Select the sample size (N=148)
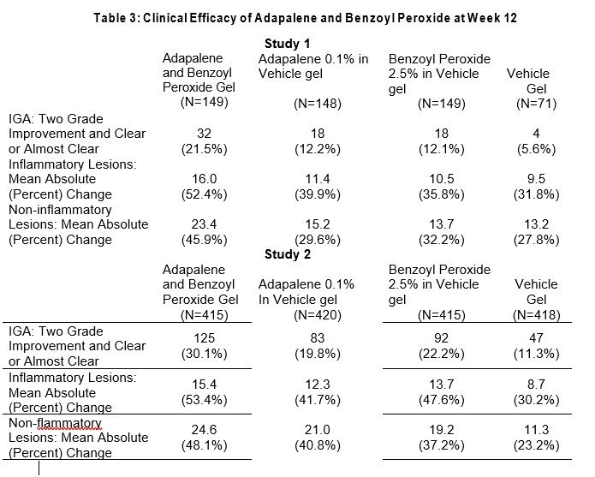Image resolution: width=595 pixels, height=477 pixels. coord(318,104)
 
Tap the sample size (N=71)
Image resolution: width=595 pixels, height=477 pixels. coord(537,104)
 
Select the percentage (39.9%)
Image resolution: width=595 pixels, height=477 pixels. coord(318,194)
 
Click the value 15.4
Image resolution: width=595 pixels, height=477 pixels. coord(199,377)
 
